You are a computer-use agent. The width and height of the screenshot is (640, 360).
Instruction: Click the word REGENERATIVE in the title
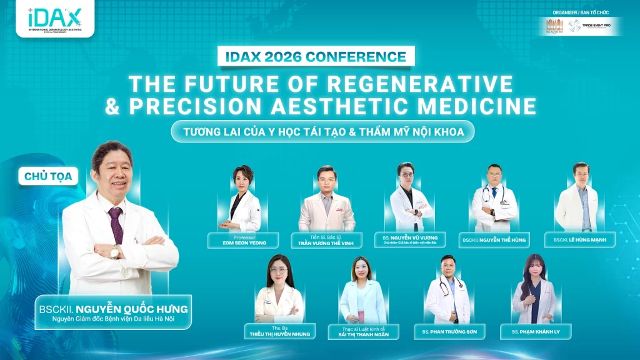tap(422, 83)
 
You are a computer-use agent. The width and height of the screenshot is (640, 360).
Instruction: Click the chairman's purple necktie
tap(116, 225)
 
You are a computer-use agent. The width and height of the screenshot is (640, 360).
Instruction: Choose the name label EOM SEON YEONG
tap(244, 241)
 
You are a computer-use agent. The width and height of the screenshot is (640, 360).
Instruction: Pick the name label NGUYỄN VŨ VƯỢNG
tap(410, 239)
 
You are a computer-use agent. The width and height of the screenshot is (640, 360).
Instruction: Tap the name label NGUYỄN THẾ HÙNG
tap(494, 239)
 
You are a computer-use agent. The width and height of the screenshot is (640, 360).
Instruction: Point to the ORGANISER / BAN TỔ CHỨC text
tap(581, 12)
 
